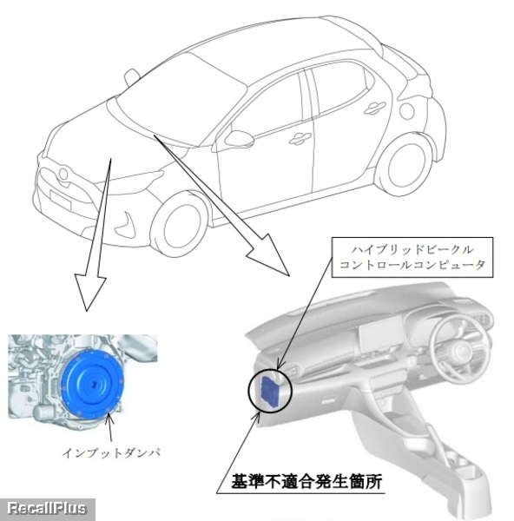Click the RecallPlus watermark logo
(47, 509)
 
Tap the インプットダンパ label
(111, 452)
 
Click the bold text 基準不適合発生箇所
(306, 481)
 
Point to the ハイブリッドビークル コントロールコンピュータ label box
(412, 258)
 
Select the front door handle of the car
(300, 139)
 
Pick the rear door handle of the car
(374, 108)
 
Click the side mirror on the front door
(240, 138)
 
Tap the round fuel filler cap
(406, 111)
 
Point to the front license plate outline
(61, 200)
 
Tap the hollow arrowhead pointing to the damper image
(89, 292)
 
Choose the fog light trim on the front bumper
(125, 224)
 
